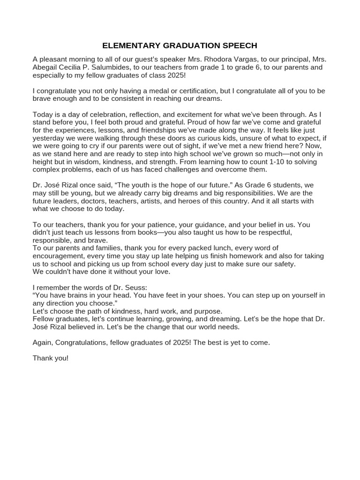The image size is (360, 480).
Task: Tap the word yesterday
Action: (x=49, y=138)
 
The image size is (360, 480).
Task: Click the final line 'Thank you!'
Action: (x=51, y=358)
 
